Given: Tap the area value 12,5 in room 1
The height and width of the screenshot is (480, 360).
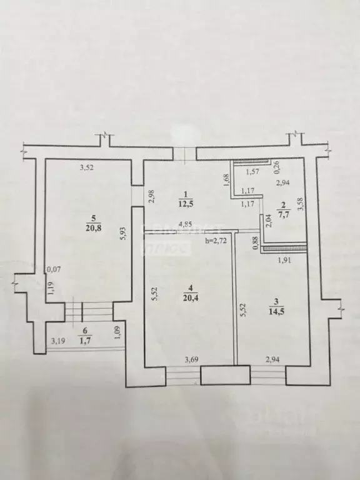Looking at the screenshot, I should click(x=184, y=205).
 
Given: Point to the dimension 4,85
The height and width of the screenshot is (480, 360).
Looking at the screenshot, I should click(x=184, y=225).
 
